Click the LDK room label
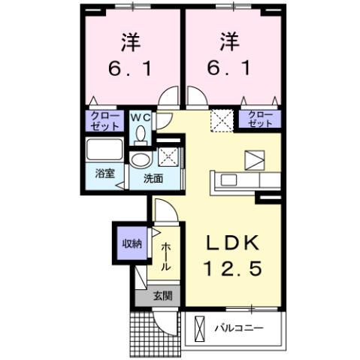233,244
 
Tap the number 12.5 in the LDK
233,268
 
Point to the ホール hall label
165,256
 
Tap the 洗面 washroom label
155,179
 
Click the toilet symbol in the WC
140,133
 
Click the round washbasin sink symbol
140,160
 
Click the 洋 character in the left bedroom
131,38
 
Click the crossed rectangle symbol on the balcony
200,328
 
